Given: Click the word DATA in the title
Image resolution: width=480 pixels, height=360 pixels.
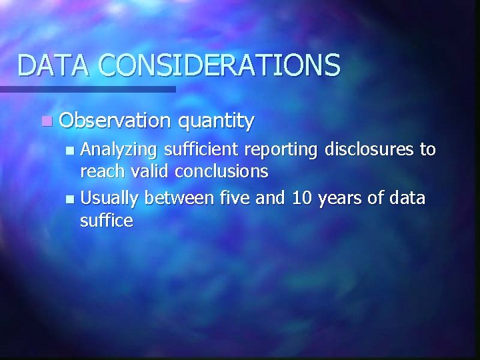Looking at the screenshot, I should point(54,65).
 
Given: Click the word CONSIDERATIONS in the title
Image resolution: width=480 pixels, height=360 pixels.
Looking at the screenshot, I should point(220,65).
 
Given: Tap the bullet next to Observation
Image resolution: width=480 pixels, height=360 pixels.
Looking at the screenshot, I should point(45,121).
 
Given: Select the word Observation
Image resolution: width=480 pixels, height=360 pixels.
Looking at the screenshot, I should point(115,121).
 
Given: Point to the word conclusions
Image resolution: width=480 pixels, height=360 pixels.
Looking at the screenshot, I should point(221,172).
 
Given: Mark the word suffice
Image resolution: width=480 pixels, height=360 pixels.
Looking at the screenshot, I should point(107,220).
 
